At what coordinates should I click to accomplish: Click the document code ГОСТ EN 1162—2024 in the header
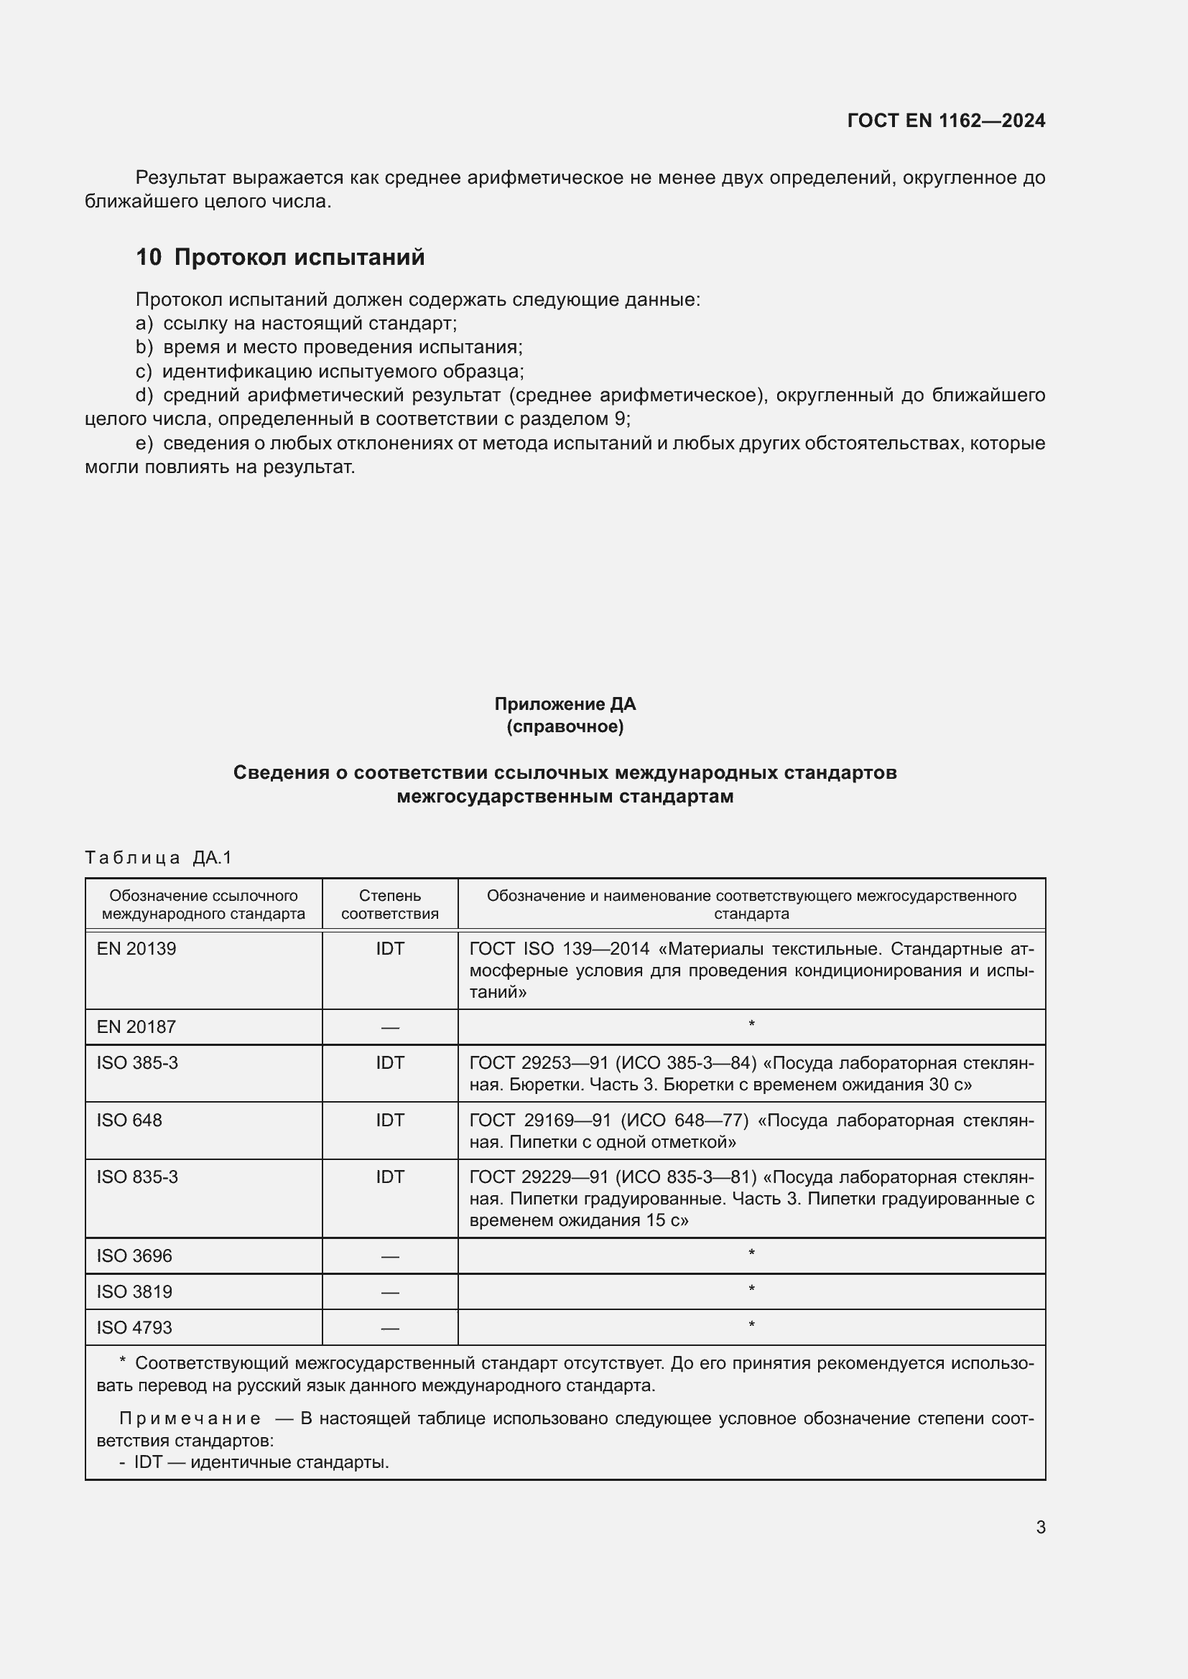[946, 121]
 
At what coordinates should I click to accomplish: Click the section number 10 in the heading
[149, 258]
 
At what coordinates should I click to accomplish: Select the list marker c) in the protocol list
[144, 372]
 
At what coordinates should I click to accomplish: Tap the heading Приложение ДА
[565, 704]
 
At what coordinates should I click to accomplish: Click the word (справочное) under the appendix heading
[565, 727]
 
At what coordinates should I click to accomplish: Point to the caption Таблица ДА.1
[158, 857]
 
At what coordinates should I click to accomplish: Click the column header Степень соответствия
[390, 904]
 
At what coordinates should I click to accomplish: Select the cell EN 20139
[136, 948]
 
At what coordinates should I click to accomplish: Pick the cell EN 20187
[136, 1026]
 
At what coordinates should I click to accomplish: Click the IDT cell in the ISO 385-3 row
[390, 1062]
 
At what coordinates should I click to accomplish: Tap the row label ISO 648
[129, 1120]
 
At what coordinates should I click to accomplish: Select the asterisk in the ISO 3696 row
[751, 1254]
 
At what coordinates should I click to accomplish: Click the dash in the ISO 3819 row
[390, 1292]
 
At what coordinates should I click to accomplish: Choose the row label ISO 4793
[134, 1327]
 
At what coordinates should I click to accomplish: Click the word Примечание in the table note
[190, 1418]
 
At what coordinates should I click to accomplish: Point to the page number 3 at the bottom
[1040, 1527]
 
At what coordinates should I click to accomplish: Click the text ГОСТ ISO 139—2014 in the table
[559, 948]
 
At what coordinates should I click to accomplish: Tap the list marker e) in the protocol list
[144, 443]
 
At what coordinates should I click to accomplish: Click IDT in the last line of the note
[149, 1462]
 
